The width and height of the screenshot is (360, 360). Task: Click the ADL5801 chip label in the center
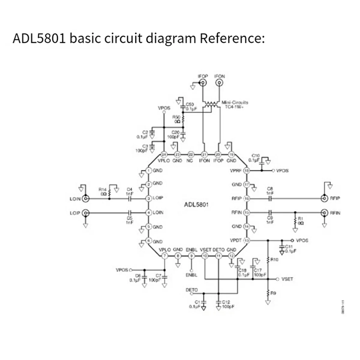pos(196,205)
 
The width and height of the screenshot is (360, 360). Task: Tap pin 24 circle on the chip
pos(164,155)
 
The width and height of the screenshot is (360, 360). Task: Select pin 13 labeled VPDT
pos(247,240)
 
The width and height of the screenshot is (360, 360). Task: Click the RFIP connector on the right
pos(324,198)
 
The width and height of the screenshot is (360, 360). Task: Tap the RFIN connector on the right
pos(324,213)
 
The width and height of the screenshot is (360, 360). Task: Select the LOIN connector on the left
pos(86,198)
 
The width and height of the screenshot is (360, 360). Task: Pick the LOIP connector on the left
pos(86,213)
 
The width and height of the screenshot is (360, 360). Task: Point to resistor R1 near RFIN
pos(295,221)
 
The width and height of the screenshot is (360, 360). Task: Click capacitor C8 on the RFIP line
pos(270,198)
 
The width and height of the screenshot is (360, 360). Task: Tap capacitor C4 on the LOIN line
pos(130,198)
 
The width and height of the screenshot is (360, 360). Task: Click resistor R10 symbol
pos(268,260)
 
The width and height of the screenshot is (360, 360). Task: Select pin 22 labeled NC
pos(191,155)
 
